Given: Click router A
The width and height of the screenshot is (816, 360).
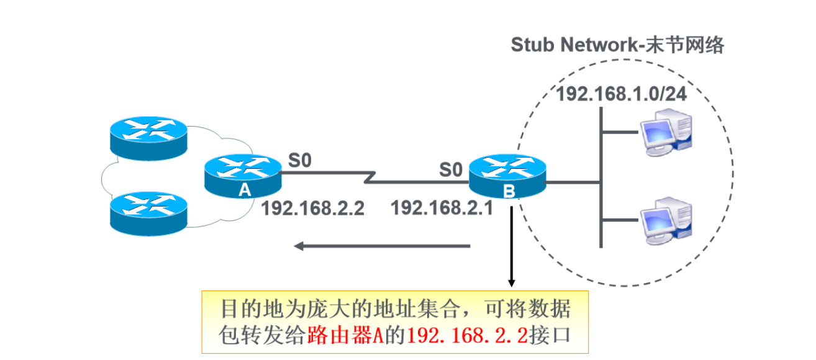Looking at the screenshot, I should [243, 176].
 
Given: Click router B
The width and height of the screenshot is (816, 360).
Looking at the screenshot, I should [508, 177].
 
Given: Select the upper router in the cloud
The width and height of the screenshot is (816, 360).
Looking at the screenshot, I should [148, 138].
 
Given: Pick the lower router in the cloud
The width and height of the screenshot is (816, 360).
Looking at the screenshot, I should [148, 212].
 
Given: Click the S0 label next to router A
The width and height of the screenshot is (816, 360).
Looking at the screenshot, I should [300, 161].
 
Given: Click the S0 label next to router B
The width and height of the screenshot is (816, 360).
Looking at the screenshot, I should [451, 168].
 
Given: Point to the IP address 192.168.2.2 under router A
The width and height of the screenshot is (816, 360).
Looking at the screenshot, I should [312, 209].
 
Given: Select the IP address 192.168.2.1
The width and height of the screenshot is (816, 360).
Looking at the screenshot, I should [442, 209].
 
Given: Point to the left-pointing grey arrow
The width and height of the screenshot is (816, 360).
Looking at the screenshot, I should [382, 246].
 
